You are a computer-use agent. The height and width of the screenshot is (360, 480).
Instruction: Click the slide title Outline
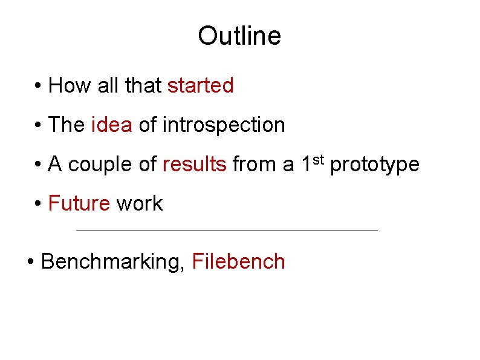click(239, 36)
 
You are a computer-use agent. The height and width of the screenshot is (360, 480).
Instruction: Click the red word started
click(200, 86)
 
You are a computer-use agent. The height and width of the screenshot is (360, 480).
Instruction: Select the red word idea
click(111, 125)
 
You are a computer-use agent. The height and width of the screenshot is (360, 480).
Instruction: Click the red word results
click(195, 164)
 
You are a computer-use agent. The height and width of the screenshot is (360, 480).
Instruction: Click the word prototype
click(375, 165)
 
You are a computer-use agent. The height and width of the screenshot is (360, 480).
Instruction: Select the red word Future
click(79, 203)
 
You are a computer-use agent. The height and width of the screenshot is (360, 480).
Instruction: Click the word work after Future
click(140, 203)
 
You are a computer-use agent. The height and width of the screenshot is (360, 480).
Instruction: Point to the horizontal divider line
click(227, 231)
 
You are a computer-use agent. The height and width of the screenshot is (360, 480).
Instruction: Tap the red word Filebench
click(238, 262)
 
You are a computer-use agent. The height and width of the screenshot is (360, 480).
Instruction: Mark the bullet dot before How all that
click(38, 87)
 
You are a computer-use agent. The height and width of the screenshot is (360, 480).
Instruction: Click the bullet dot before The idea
click(38, 126)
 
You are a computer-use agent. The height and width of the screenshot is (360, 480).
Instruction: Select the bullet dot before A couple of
click(38, 165)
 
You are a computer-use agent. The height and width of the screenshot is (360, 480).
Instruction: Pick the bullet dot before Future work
click(38, 204)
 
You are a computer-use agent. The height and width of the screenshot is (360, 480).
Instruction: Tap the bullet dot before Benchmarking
click(31, 263)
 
